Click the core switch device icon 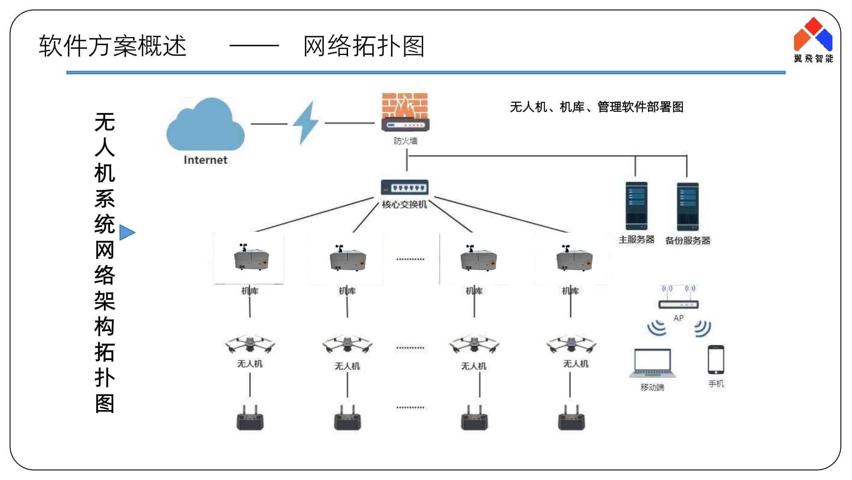click(404, 187)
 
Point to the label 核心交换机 click(404, 205)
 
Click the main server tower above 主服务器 click(636, 206)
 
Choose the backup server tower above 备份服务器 click(688, 207)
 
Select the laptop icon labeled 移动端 click(652, 363)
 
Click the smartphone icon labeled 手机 click(716, 360)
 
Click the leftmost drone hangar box click(251, 258)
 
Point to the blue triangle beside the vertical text click(127, 233)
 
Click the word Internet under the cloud click(205, 160)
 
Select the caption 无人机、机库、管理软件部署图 click(596, 107)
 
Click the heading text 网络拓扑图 click(364, 46)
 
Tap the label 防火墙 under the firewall click(405, 141)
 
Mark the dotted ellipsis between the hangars click(410, 259)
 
